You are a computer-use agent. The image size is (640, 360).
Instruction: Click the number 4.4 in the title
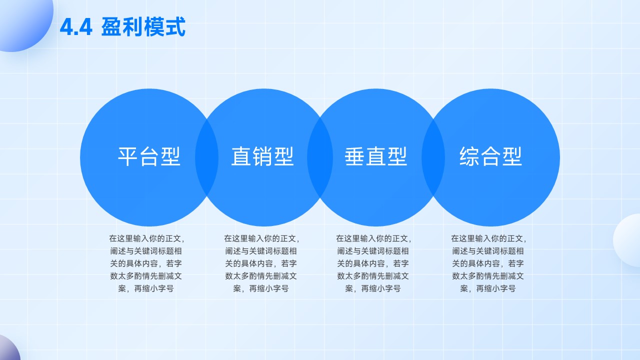tap(76, 27)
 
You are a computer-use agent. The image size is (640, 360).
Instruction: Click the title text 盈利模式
tap(143, 27)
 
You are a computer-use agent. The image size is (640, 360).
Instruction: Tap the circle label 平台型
tap(149, 156)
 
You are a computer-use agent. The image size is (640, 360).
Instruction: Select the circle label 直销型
tap(262, 156)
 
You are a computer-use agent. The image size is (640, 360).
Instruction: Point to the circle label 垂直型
tap(375, 156)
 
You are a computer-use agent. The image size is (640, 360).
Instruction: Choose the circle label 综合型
tap(490, 156)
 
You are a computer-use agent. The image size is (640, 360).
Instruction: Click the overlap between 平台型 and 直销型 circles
tap(207, 157)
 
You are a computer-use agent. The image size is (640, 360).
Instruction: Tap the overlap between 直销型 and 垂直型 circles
tap(320, 157)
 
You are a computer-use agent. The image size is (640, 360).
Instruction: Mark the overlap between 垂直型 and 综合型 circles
tap(433, 157)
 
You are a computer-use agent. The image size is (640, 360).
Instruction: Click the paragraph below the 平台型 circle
tap(146, 263)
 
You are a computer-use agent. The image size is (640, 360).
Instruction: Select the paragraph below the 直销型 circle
tap(261, 263)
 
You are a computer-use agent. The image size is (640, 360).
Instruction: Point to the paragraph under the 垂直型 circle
tap(373, 263)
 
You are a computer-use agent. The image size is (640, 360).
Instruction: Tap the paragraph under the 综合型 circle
tap(488, 263)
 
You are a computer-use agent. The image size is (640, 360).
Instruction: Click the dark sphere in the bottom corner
tap(8, 348)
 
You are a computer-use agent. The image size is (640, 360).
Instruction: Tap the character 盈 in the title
tap(111, 27)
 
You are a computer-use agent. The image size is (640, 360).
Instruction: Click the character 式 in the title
tap(175, 27)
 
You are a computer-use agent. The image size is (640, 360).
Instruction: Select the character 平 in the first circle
tap(128, 156)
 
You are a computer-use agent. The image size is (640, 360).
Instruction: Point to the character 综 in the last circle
tap(469, 156)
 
